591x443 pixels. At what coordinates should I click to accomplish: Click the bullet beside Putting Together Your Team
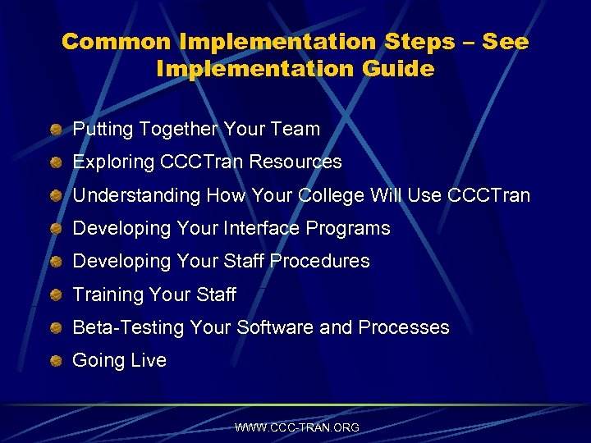pyautogui.click(x=55, y=130)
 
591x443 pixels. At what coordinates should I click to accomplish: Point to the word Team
pyautogui.click(x=295, y=129)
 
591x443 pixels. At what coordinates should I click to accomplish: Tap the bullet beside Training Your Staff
pyautogui.click(x=55, y=295)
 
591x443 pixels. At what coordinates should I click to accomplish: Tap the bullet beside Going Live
pyautogui.click(x=55, y=362)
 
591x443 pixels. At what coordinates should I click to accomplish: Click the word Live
pyautogui.click(x=149, y=360)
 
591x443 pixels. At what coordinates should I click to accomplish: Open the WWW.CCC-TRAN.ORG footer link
pyautogui.click(x=297, y=427)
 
